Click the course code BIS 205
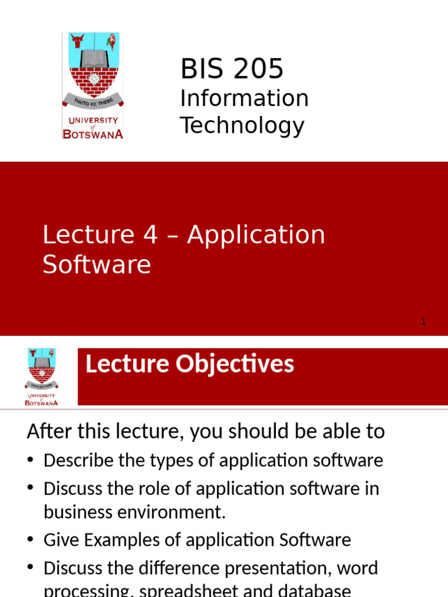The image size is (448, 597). point(232,69)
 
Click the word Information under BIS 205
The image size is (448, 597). point(244,98)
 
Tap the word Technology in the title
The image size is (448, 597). point(242,125)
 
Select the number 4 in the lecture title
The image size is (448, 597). point(150,235)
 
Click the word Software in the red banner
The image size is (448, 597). point(97,265)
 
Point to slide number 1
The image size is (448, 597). point(423,321)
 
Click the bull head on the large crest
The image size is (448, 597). point(77,41)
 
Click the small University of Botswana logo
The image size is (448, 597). point(41,376)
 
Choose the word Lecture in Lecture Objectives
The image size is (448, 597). point(120,364)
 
